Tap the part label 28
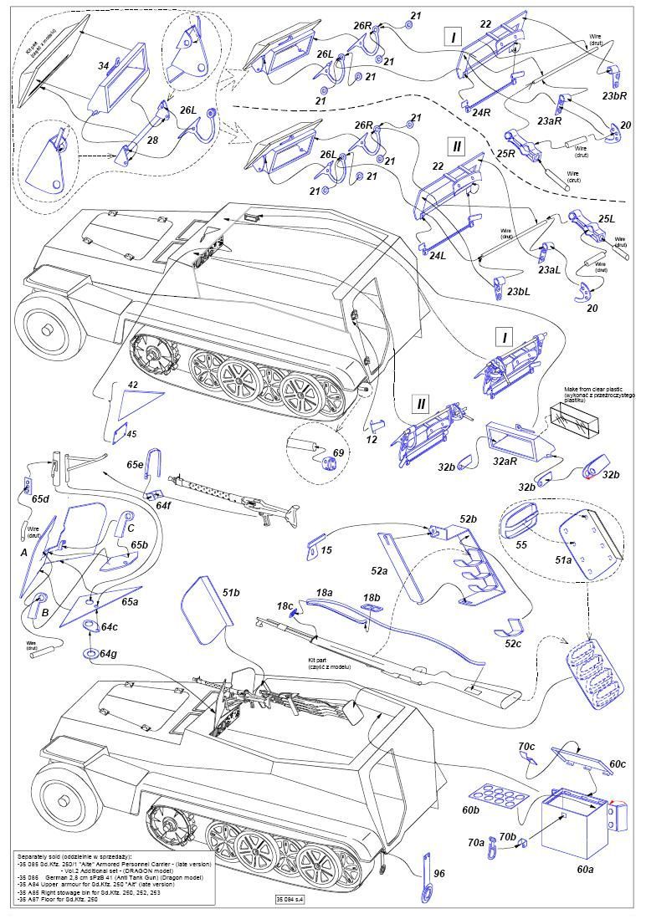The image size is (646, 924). [x=152, y=140]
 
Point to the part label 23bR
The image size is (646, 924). [x=614, y=95]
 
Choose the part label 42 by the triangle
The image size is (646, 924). [x=132, y=385]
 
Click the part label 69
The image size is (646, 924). [x=339, y=452]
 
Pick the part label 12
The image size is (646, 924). [x=372, y=438]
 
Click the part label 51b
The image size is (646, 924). [x=232, y=592]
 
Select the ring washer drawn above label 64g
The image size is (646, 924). [x=89, y=652]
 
